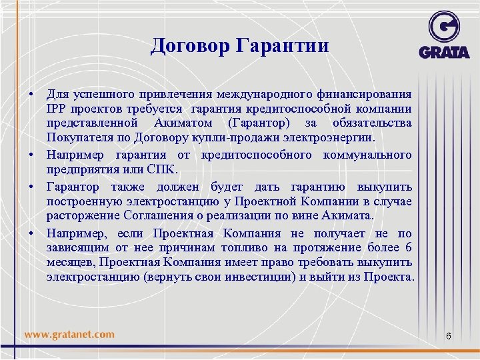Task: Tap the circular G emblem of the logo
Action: (x=444, y=28)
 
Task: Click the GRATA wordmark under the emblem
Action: (x=444, y=52)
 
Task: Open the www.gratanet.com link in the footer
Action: (x=69, y=335)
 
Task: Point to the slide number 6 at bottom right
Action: (x=448, y=336)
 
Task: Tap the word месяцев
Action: (x=72, y=263)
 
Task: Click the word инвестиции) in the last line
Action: (x=260, y=277)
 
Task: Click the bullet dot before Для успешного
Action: (x=31, y=94)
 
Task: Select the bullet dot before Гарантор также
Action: (x=31, y=187)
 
